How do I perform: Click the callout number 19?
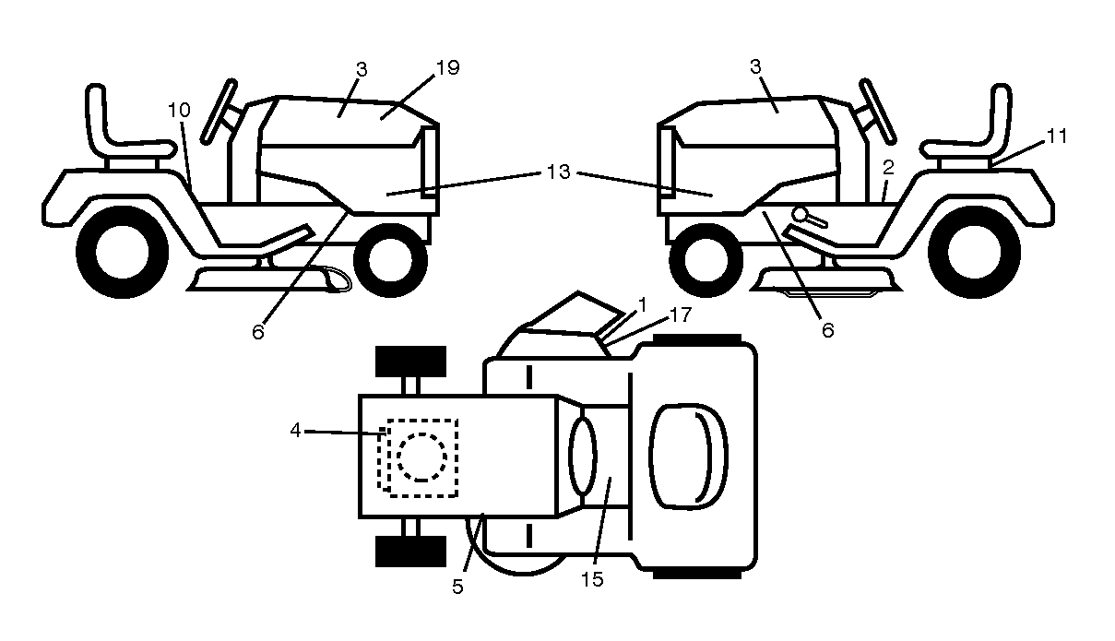[x=447, y=67]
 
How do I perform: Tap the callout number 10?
[x=179, y=110]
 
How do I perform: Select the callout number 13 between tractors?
[x=558, y=172]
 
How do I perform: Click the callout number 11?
[x=1056, y=136]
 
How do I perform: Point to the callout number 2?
[x=888, y=168]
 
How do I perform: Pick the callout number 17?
[x=681, y=315]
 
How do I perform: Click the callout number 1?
[x=642, y=304]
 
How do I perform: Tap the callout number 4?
[x=296, y=431]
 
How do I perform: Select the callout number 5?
[x=457, y=587]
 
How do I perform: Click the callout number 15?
[x=592, y=579]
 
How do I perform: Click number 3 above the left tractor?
[x=362, y=70]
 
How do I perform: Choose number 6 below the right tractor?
[x=828, y=330]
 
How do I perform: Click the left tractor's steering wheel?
[x=218, y=112]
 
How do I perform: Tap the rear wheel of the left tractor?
[x=123, y=253]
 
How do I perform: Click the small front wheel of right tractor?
[x=706, y=260]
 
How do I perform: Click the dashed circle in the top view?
[x=421, y=457]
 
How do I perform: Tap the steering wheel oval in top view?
[x=583, y=456]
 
